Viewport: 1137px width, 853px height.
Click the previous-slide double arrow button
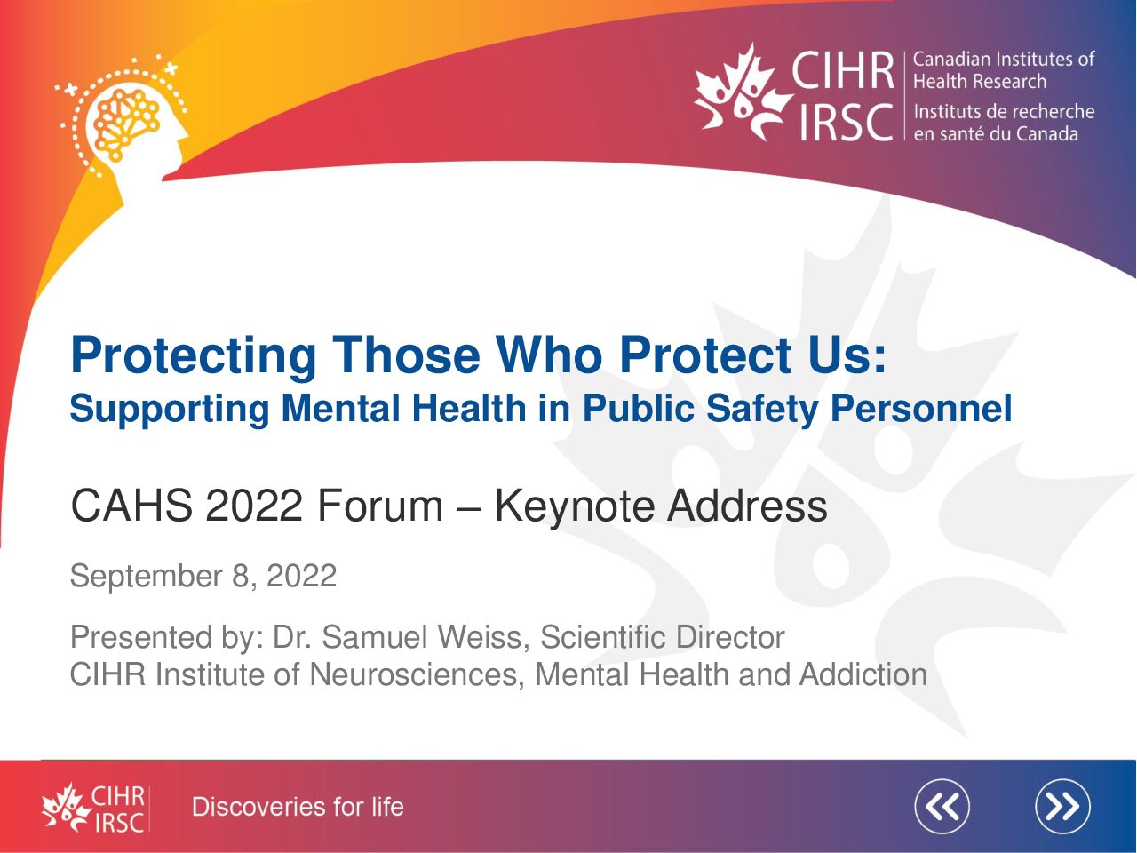(942, 807)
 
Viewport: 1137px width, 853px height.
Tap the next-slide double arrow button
(1063, 807)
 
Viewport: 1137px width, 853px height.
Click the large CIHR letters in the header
(843, 70)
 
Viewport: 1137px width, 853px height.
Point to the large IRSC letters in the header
(847, 123)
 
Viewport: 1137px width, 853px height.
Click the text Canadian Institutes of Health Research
(1004, 70)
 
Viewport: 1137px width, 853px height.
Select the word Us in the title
(857, 355)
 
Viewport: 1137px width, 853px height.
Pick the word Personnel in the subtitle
(921, 409)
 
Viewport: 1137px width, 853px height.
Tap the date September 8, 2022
(203, 576)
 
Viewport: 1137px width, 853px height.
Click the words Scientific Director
(663, 636)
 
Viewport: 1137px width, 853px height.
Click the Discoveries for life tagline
(298, 807)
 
